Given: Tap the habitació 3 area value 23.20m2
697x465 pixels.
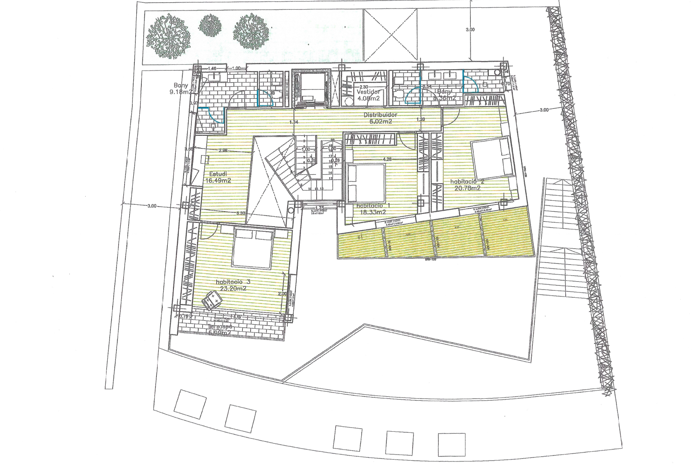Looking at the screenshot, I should [233, 289].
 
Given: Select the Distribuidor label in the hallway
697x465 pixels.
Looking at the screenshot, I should [381, 115].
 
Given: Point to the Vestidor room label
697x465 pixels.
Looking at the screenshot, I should [368, 92].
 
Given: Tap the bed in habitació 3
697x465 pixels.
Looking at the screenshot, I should [252, 248].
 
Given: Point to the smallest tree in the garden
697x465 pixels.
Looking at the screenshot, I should [210, 27].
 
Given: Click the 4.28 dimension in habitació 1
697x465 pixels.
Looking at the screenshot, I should [387, 159].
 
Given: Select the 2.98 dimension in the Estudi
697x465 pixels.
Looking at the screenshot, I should [223, 150].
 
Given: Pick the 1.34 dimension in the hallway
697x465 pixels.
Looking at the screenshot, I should [295, 122].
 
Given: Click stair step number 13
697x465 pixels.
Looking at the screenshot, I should [331, 179].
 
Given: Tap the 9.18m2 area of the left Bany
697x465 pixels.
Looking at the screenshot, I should [180, 92].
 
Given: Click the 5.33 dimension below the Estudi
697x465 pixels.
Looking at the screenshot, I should [240, 213].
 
